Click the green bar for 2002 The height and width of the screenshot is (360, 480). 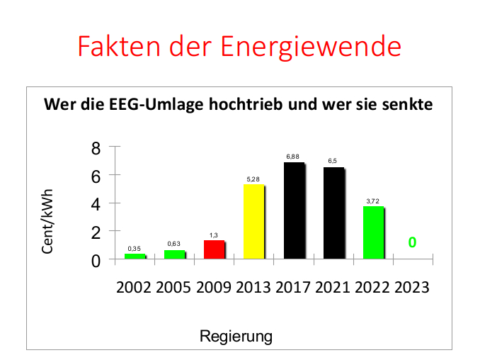pyautogui.click(x=135, y=256)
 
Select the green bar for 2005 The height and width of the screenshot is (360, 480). pyautogui.click(x=174, y=254)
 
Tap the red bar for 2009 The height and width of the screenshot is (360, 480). pyautogui.click(x=214, y=250)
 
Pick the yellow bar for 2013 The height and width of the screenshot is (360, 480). pyautogui.click(x=253, y=222)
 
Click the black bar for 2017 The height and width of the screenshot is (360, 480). pyautogui.click(x=294, y=211)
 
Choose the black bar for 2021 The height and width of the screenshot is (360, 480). pyautogui.click(x=333, y=213)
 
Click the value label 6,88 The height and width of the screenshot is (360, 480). pyautogui.click(x=293, y=156)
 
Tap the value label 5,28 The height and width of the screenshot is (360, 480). pyautogui.click(x=253, y=179)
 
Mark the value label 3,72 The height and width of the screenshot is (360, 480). pyautogui.click(x=373, y=201)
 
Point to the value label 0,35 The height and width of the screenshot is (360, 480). pyautogui.click(x=135, y=249)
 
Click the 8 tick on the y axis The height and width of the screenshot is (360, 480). pyautogui.click(x=96, y=148)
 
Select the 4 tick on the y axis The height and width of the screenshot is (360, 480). pyautogui.click(x=96, y=204)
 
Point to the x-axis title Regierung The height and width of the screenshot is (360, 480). pyautogui.click(x=236, y=334)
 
